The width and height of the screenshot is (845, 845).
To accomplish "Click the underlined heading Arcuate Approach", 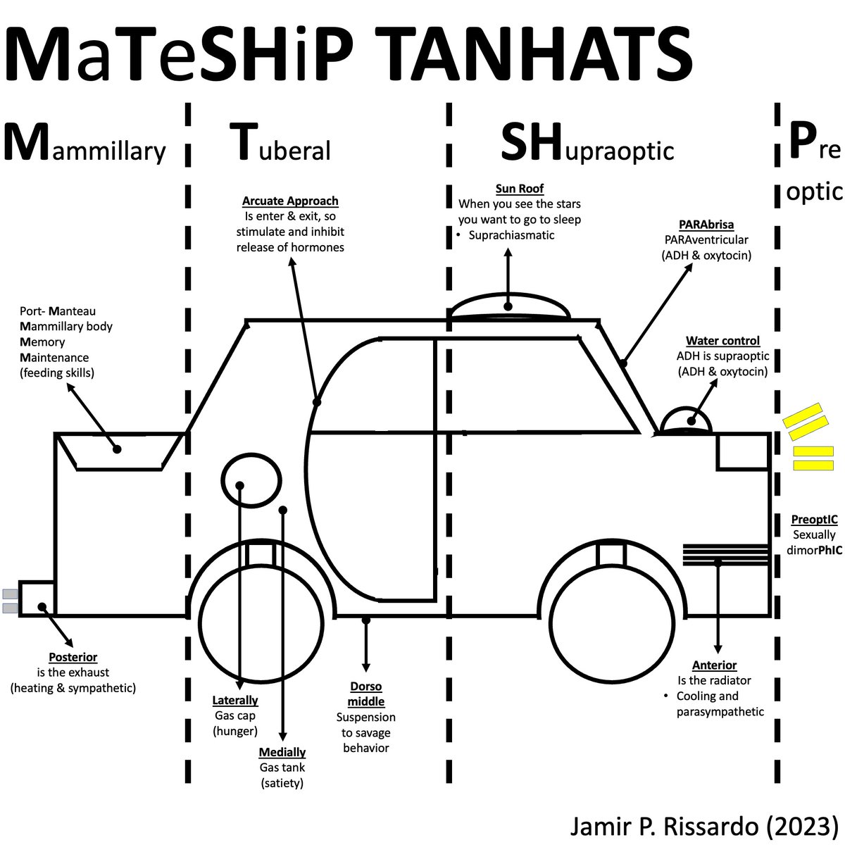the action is coord(290,201).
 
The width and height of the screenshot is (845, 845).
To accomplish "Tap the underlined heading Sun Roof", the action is coord(520,189).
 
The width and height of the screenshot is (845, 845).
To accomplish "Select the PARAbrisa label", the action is coord(706,225).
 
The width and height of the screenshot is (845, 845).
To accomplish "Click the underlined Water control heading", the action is coord(722,342).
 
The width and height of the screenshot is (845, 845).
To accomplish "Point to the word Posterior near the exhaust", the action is coord(73,658).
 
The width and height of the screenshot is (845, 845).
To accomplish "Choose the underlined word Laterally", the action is coord(235,701).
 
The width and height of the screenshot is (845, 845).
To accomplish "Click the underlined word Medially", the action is coord(282,752).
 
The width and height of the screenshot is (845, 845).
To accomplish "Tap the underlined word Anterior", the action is coord(714,665).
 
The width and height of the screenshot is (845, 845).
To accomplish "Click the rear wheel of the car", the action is coord(261,620).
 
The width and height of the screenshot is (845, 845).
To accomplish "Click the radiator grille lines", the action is coord(725,554).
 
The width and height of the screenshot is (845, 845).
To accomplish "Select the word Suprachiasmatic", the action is coord(512,235).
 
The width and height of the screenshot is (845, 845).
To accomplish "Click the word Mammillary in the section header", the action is coord(84,144).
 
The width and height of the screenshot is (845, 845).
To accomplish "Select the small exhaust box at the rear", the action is coord(37,599).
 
